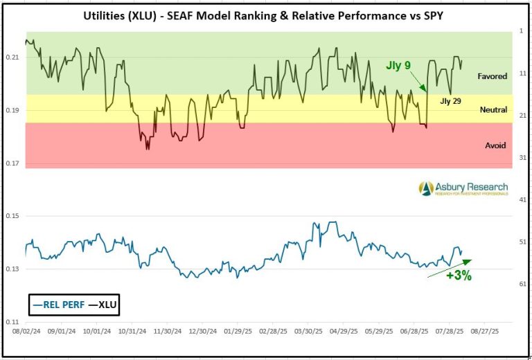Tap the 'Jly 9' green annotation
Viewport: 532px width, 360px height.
tap(398, 66)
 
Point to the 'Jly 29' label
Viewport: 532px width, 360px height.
tap(451, 101)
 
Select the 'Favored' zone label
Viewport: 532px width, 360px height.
tap(492, 76)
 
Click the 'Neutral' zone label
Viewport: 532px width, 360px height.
tap(493, 110)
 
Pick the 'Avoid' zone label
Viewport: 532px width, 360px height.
tap(495, 145)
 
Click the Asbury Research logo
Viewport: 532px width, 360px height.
tap(463, 188)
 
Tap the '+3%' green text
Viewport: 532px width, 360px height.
tap(459, 276)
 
